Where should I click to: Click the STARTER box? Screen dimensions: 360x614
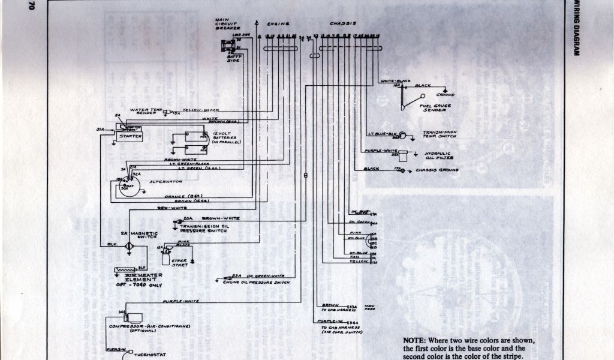130,136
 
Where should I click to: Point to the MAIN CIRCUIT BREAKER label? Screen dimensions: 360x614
227,24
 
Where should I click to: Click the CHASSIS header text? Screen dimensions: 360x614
343,24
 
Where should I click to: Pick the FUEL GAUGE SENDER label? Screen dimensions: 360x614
436,108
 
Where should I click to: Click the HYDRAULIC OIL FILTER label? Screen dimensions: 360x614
439,156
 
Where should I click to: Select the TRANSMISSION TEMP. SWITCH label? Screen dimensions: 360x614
440,134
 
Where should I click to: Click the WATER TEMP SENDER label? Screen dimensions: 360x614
146,111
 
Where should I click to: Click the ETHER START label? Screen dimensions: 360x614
180,263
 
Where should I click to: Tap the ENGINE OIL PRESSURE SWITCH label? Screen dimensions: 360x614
255,282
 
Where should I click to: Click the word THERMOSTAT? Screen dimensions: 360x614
143,354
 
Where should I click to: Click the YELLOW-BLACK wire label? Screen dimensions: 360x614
201,110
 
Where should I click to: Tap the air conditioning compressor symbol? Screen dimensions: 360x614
135,316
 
